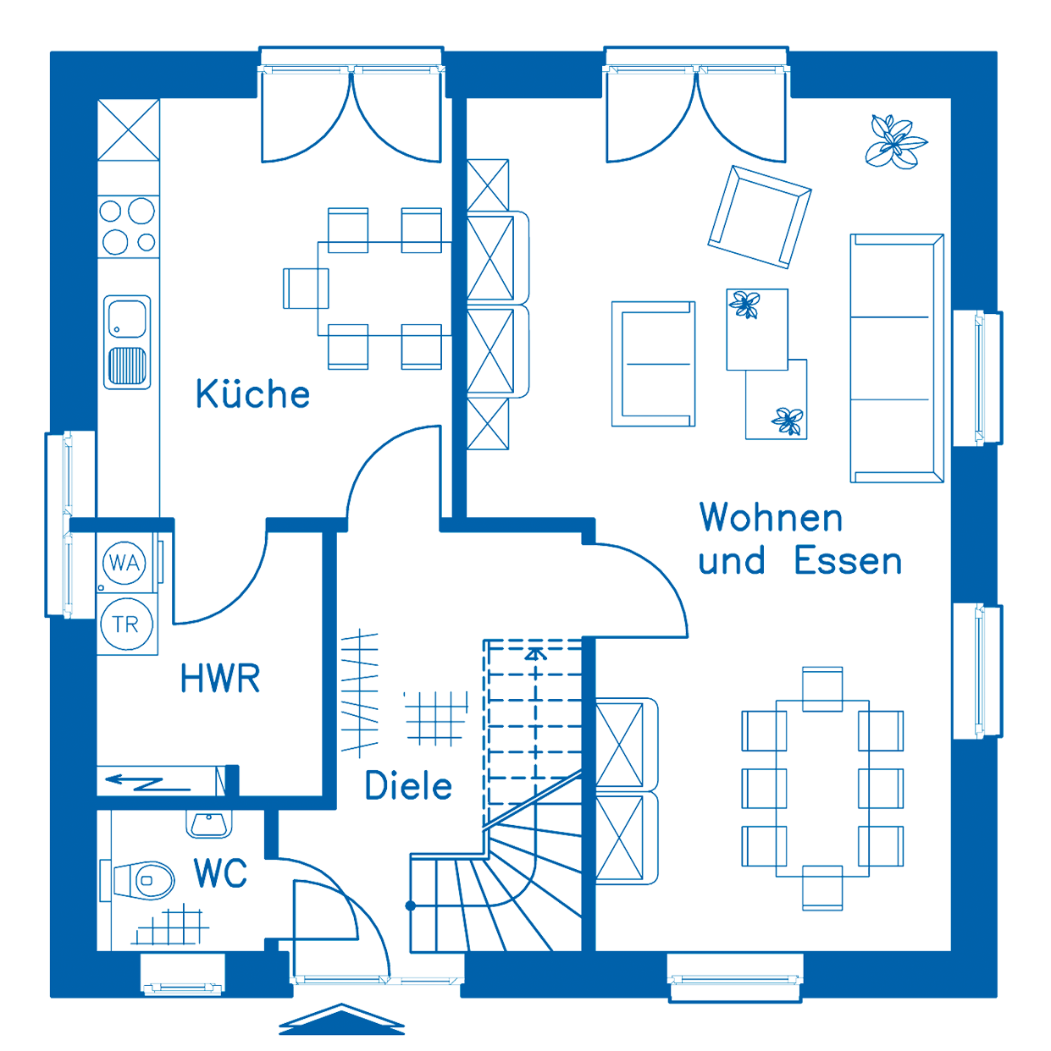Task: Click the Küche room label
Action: (253, 394)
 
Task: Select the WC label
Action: (221, 871)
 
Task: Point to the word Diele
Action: (409, 786)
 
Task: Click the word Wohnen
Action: (771, 518)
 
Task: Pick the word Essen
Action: (849, 562)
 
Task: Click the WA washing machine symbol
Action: (125, 562)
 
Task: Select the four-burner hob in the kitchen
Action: (129, 225)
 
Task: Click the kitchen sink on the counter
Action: (128, 341)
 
